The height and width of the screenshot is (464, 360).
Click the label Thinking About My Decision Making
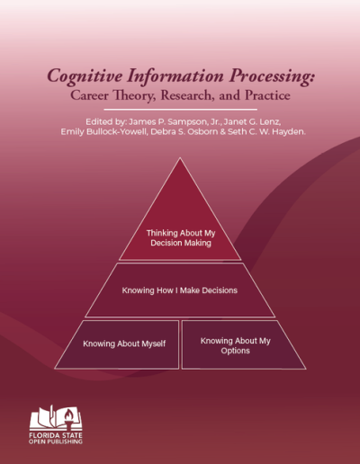181,237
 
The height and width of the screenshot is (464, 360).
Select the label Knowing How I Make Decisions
180,290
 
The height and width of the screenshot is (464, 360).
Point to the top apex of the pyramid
181,160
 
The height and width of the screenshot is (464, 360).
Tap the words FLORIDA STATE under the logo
56,439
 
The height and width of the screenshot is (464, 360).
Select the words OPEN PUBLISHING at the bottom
56,447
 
